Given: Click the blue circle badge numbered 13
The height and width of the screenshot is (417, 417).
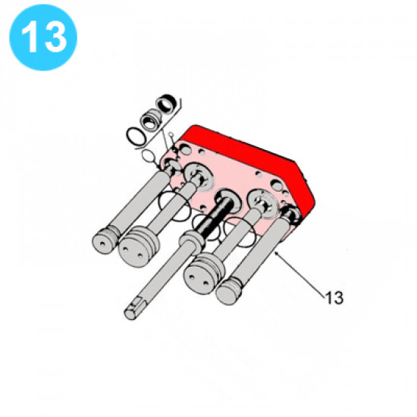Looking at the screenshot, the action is point(43,37).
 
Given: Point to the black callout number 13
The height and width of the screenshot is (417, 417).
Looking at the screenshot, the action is point(334,298).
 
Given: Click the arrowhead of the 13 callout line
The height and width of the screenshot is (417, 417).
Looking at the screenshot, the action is point(277,253).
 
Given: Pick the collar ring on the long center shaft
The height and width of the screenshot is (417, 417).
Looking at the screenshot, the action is point(192,240).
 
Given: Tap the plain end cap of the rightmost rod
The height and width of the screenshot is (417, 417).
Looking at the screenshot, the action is point(228,292).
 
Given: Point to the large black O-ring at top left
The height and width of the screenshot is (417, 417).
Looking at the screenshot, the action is point(136,136).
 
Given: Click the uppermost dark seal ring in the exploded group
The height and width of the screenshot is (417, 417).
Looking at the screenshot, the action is point(167,103).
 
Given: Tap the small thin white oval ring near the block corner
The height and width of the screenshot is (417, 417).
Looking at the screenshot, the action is point(149,156).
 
